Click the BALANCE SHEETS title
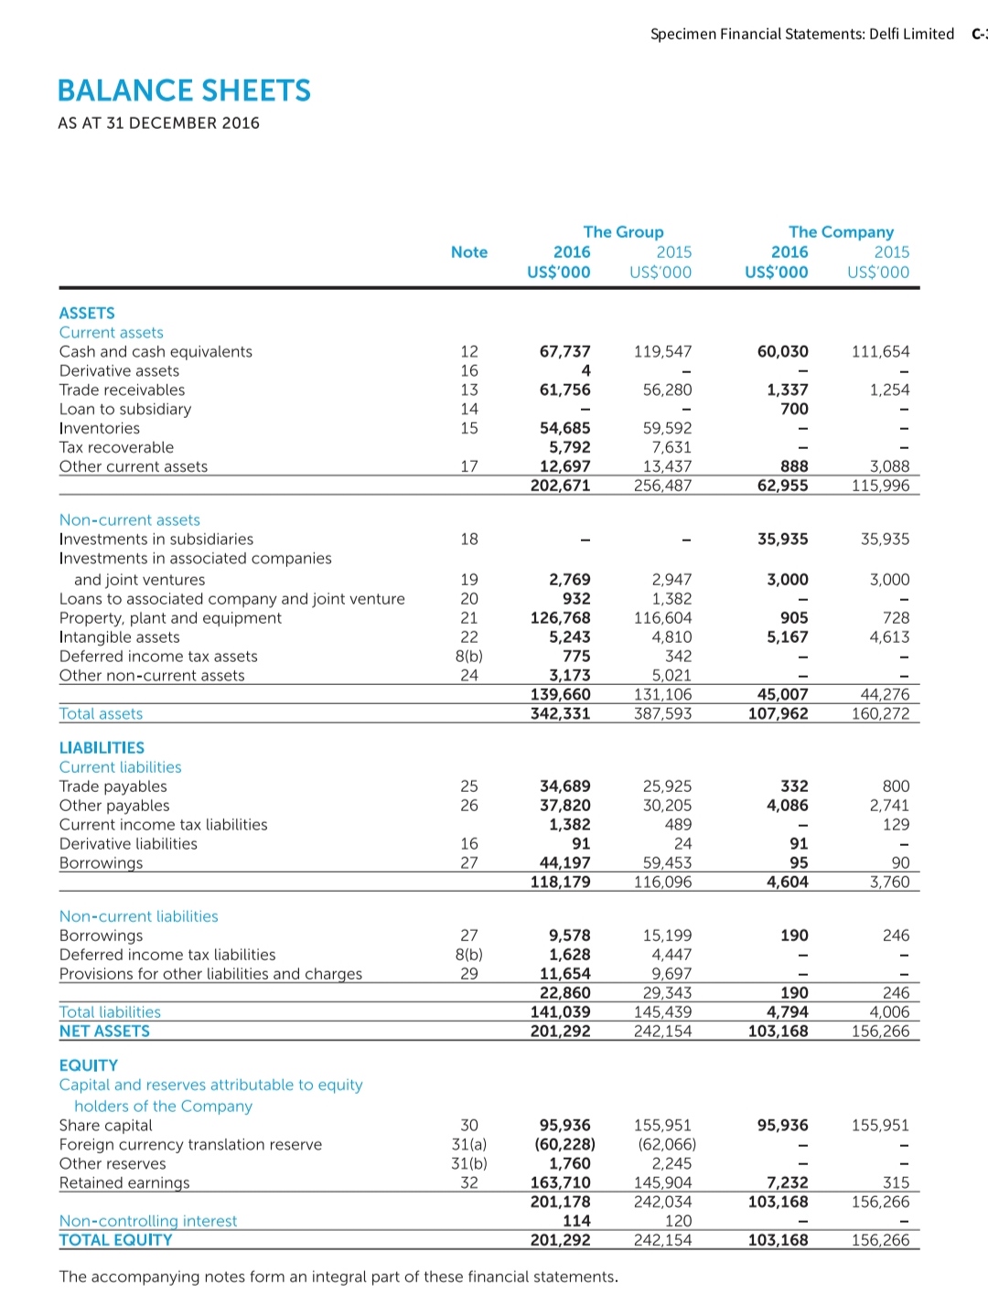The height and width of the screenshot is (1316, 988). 184,91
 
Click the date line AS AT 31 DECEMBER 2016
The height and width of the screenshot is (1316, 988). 158,123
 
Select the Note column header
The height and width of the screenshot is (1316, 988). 468,252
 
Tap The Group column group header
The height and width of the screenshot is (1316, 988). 623,232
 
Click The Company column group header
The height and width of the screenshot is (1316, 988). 841,232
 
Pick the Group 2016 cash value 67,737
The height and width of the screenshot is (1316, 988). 564,352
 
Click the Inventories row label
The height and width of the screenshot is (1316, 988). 100,429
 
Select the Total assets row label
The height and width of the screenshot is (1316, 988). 101,714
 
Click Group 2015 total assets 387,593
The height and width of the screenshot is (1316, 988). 662,713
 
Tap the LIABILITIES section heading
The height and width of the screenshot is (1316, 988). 102,748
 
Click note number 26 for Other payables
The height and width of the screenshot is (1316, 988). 468,806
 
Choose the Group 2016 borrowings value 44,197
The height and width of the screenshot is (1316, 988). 564,863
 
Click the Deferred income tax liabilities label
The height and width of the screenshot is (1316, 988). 166,955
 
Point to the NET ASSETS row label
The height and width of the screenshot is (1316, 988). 104,1032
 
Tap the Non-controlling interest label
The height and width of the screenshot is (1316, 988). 147,1222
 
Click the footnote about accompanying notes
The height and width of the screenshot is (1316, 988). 338,1277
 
